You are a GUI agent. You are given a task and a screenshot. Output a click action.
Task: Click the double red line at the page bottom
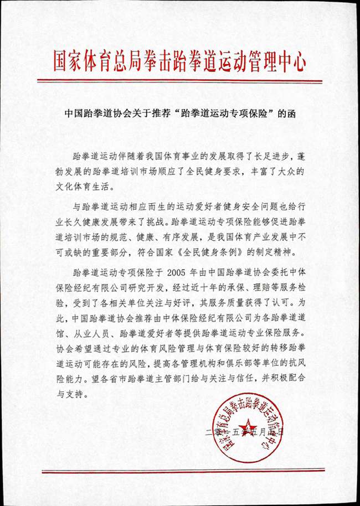tap(179, 471)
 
